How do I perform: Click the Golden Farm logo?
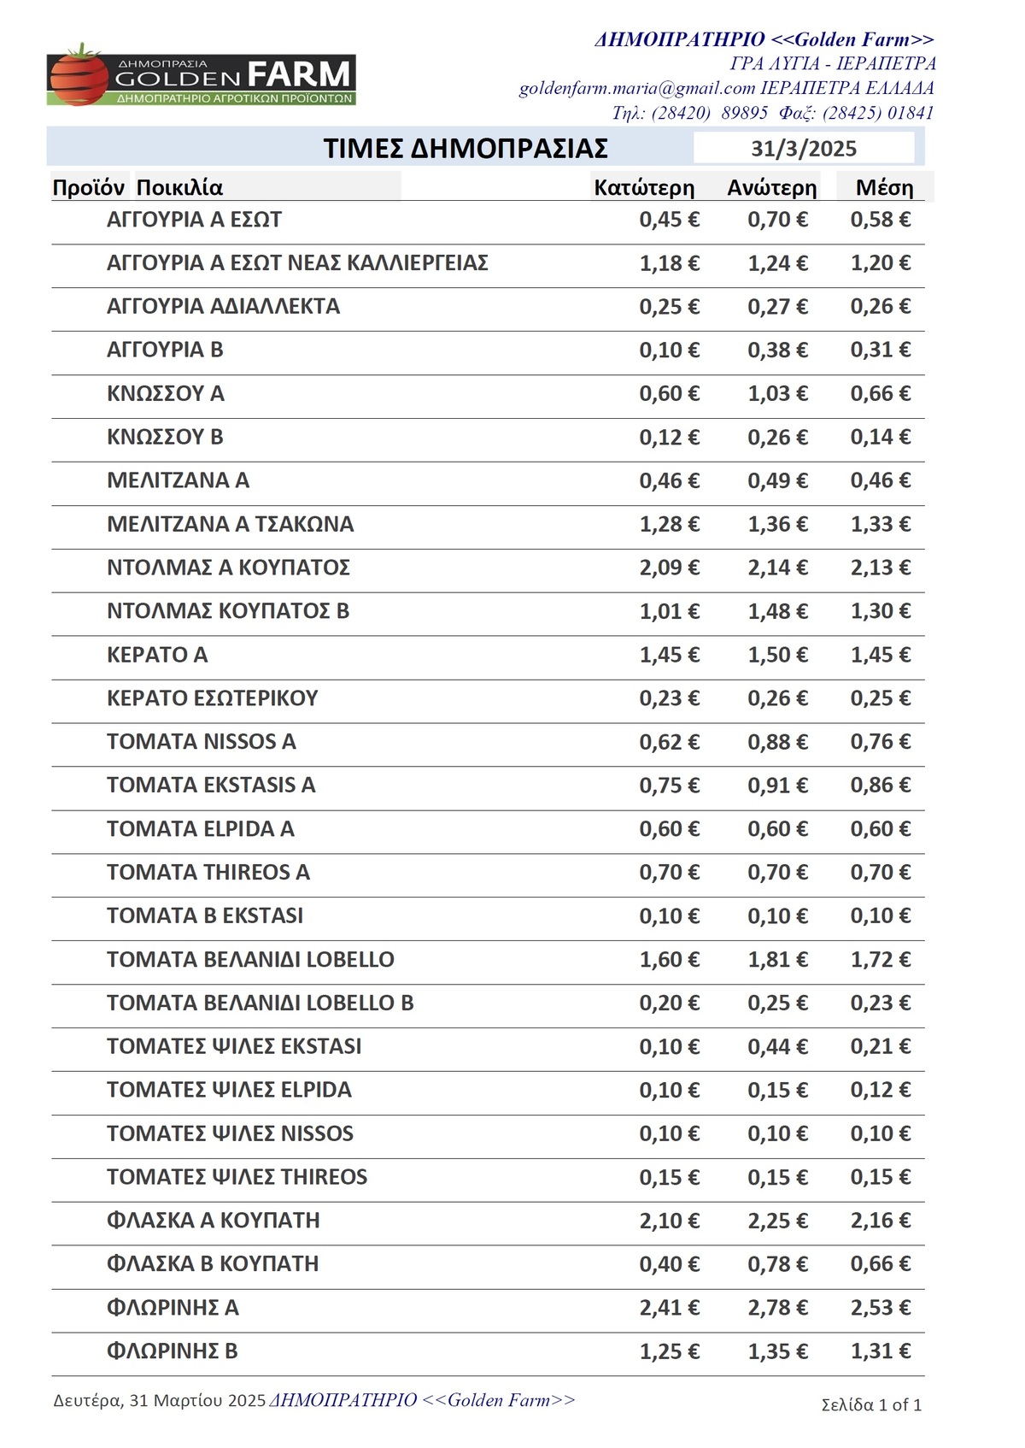click(201, 77)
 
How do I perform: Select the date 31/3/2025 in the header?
click(803, 149)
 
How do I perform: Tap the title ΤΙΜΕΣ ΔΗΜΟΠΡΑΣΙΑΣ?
click(466, 149)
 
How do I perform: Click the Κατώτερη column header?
click(644, 188)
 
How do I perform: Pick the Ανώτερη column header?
click(771, 188)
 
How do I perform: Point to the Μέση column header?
click(884, 188)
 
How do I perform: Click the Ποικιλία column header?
click(179, 188)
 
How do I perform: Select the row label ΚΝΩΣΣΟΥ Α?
click(165, 393)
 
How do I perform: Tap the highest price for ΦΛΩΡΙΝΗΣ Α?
click(777, 1308)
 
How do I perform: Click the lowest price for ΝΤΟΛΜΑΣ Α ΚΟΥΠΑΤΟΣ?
click(669, 568)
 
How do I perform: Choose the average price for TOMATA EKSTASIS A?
click(880, 785)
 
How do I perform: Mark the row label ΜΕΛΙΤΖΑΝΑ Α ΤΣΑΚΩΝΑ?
click(230, 524)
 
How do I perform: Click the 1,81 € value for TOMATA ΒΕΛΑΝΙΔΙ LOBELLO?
click(777, 959)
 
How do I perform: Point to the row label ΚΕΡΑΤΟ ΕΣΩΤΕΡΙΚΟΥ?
click(212, 698)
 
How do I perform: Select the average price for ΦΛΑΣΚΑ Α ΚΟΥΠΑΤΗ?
click(880, 1221)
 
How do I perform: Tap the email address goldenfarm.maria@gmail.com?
click(637, 88)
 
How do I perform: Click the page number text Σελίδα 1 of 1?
click(871, 1404)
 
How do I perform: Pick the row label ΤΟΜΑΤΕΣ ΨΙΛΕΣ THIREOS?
click(237, 1177)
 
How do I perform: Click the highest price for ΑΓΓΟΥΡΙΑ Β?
click(777, 350)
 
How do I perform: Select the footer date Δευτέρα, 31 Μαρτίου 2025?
click(160, 1400)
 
